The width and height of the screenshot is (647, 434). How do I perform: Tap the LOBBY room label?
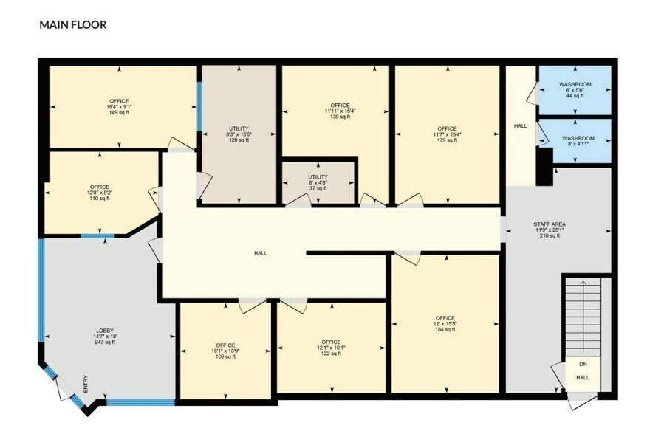(105, 337)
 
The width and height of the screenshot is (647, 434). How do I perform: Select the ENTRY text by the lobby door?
(86, 384)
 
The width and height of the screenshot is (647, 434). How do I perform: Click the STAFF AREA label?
(550, 230)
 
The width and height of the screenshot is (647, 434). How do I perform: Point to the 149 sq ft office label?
(119, 107)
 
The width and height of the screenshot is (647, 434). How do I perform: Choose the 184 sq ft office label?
(445, 324)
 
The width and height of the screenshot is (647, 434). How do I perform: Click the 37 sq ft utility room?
(318, 183)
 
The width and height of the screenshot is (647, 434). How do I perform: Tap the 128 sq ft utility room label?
(239, 134)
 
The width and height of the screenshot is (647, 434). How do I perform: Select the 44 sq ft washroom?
(575, 90)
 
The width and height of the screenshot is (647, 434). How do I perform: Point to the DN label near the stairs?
(583, 365)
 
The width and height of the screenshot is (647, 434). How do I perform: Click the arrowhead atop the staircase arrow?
(583, 283)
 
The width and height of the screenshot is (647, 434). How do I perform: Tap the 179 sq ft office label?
(448, 134)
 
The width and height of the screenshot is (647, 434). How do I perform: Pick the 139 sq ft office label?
(340, 111)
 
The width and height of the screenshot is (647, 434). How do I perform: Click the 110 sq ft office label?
(100, 193)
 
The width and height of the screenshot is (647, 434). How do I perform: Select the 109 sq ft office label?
(225, 351)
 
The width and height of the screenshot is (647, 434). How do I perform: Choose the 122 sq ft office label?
(331, 348)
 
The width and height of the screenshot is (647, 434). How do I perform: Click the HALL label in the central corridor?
(261, 253)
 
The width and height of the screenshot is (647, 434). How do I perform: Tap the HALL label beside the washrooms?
(520, 125)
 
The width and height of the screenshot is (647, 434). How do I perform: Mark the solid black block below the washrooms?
(544, 167)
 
